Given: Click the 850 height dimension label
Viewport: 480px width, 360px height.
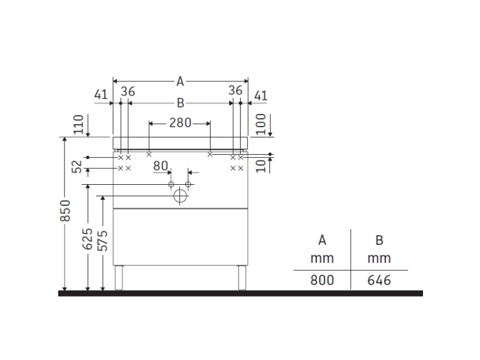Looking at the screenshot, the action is pos(65,210).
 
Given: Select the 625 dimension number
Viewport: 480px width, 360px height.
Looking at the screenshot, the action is pos(88,239).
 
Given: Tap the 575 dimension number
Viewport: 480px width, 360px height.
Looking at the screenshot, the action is pos(102,240).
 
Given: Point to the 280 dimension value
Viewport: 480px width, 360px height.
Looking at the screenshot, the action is pos(180,123).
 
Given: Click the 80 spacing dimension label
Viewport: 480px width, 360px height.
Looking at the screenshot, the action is pos(161,166).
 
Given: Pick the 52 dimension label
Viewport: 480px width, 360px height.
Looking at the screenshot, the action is pos(77,167).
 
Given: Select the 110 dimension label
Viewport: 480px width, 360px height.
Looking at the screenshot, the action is pos(79,124).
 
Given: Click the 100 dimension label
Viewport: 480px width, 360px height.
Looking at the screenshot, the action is pos(261,124).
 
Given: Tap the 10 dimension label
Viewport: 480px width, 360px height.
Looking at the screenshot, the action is pos(261,166).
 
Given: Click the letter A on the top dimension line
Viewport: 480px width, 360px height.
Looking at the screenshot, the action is pos(180,82).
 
